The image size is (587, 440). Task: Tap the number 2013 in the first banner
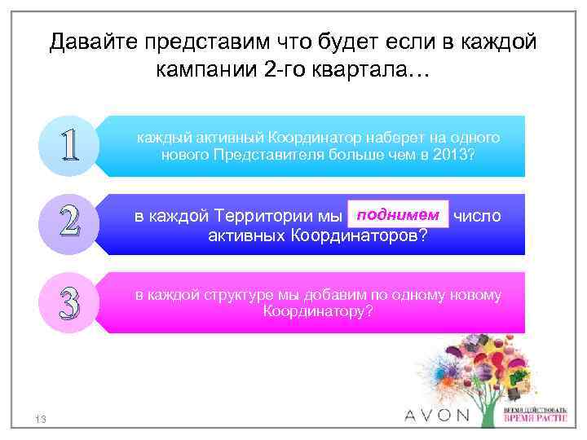pos(457,155)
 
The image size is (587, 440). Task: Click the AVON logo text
pos(438,415)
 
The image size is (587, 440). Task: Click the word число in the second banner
pos(478,216)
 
